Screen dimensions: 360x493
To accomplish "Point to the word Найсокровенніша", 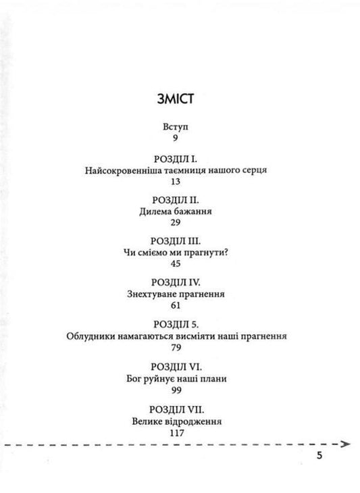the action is [122, 170].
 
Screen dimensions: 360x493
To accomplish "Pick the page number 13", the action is [177, 182].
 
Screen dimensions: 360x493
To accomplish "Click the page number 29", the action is [177, 223].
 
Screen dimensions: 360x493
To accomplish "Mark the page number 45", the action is [177, 264].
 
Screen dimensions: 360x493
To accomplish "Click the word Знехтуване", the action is [153, 294].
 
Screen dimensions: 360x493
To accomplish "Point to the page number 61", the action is [177, 305].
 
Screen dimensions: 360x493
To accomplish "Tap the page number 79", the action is [177, 347].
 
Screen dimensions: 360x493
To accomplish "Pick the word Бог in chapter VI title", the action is [136, 378].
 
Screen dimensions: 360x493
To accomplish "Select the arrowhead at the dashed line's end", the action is [346, 444].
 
